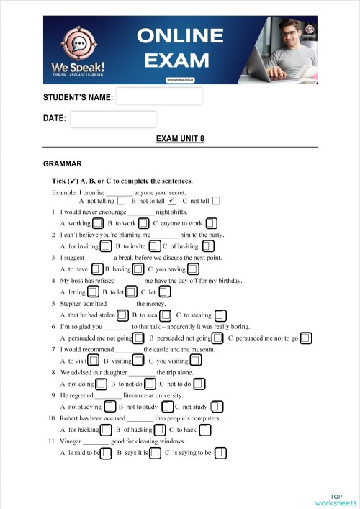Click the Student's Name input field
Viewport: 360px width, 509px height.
[x=159, y=96]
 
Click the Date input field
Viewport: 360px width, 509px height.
[x=113, y=119]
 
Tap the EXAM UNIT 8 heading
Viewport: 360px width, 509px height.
[x=180, y=139]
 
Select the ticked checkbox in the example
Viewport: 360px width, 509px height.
[x=171, y=201]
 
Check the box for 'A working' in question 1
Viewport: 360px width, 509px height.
[x=97, y=223]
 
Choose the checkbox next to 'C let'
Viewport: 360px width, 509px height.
[x=164, y=292]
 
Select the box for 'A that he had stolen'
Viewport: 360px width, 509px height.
[x=123, y=315]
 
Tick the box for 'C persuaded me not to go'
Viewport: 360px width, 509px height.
[x=306, y=338]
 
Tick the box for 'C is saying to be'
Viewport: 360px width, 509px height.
[x=220, y=453]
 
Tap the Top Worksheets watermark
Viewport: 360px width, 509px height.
[x=336, y=500]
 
